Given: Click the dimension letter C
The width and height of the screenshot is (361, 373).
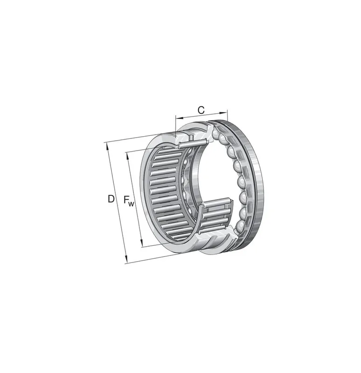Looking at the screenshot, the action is click(201, 110).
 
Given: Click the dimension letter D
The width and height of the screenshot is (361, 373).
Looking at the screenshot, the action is click(111, 199).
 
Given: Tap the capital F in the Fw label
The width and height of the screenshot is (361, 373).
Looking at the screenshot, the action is click(126, 200).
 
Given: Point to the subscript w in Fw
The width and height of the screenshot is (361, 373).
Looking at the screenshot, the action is click(131, 204).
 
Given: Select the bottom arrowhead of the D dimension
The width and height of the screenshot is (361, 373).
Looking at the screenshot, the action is click(126, 260).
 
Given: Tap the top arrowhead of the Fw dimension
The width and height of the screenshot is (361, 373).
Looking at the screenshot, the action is click(128, 156).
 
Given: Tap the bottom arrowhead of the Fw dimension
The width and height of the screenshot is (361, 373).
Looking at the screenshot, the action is click(141, 243).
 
